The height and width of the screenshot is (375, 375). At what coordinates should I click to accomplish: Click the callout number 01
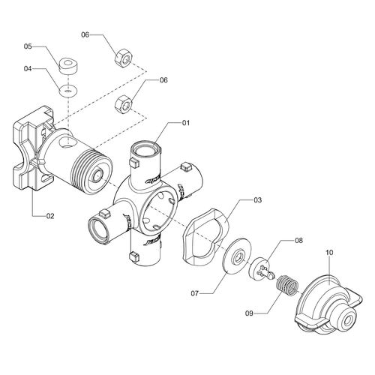186,123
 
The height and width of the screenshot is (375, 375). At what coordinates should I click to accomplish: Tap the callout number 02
50,216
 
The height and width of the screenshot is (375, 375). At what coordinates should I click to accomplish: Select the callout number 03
257,200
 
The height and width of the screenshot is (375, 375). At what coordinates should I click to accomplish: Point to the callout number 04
28,68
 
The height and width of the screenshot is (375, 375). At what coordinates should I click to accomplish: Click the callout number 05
28,46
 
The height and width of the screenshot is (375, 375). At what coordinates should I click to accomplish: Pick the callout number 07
195,293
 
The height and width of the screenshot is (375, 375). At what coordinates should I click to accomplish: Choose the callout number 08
298,241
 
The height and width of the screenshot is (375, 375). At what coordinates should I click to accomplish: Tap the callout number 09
249,313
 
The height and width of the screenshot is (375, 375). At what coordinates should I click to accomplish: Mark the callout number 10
329,253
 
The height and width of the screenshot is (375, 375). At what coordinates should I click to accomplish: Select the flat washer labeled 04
67,91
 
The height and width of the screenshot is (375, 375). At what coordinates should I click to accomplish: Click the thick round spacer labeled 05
67,66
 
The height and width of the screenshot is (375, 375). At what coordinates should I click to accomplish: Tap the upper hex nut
124,58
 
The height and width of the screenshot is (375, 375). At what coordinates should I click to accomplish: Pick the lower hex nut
124,104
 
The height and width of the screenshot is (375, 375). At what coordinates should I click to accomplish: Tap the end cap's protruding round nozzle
346,319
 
